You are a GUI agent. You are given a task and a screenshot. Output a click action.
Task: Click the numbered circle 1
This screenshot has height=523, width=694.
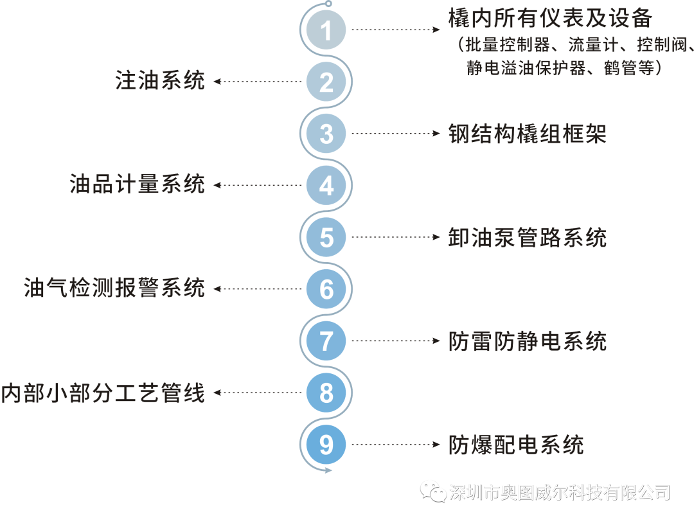pos(326,30)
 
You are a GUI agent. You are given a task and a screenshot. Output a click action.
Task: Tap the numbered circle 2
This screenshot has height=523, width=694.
pos(326,82)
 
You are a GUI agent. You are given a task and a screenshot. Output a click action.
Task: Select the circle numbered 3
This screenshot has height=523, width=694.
pos(326,134)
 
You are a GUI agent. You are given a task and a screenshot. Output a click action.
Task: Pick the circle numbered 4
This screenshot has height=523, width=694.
pos(326,186)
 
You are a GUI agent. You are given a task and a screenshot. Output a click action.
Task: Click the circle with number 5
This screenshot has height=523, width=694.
pos(326,237)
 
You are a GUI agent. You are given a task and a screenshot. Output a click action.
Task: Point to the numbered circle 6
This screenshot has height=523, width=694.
pos(326,289)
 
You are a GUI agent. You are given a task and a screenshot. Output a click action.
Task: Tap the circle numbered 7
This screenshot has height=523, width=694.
pos(326,341)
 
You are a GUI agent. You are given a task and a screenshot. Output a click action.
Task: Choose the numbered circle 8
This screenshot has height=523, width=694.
pos(326,393)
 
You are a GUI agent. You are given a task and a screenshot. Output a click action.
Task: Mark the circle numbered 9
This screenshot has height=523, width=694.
pos(326,445)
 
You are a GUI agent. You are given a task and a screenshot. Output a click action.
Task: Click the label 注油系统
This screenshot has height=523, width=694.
pos(160,82)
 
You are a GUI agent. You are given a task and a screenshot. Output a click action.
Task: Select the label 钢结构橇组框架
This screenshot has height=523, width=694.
pos(528,134)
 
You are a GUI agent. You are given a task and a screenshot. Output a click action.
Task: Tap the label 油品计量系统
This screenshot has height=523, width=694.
pos(137,185)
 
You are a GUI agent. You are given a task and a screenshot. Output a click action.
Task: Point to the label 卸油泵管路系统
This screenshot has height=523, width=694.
pos(528,238)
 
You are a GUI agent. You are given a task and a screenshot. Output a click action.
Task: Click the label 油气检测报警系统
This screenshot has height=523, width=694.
pos(114,288)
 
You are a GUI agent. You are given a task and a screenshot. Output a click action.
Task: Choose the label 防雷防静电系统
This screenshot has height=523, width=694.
pos(528,341)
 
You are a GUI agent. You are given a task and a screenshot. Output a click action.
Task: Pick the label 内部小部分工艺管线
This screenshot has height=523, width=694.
pos(103,393)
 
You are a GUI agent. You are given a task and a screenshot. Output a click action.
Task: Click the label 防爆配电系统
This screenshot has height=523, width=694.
pos(516,445)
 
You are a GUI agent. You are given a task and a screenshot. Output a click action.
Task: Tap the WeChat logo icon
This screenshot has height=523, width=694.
pos(433,492)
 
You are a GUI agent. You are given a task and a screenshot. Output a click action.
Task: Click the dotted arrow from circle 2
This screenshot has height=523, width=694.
pos(257,82)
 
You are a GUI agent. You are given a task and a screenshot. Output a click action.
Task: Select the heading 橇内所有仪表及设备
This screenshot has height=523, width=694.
pos(551,19)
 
